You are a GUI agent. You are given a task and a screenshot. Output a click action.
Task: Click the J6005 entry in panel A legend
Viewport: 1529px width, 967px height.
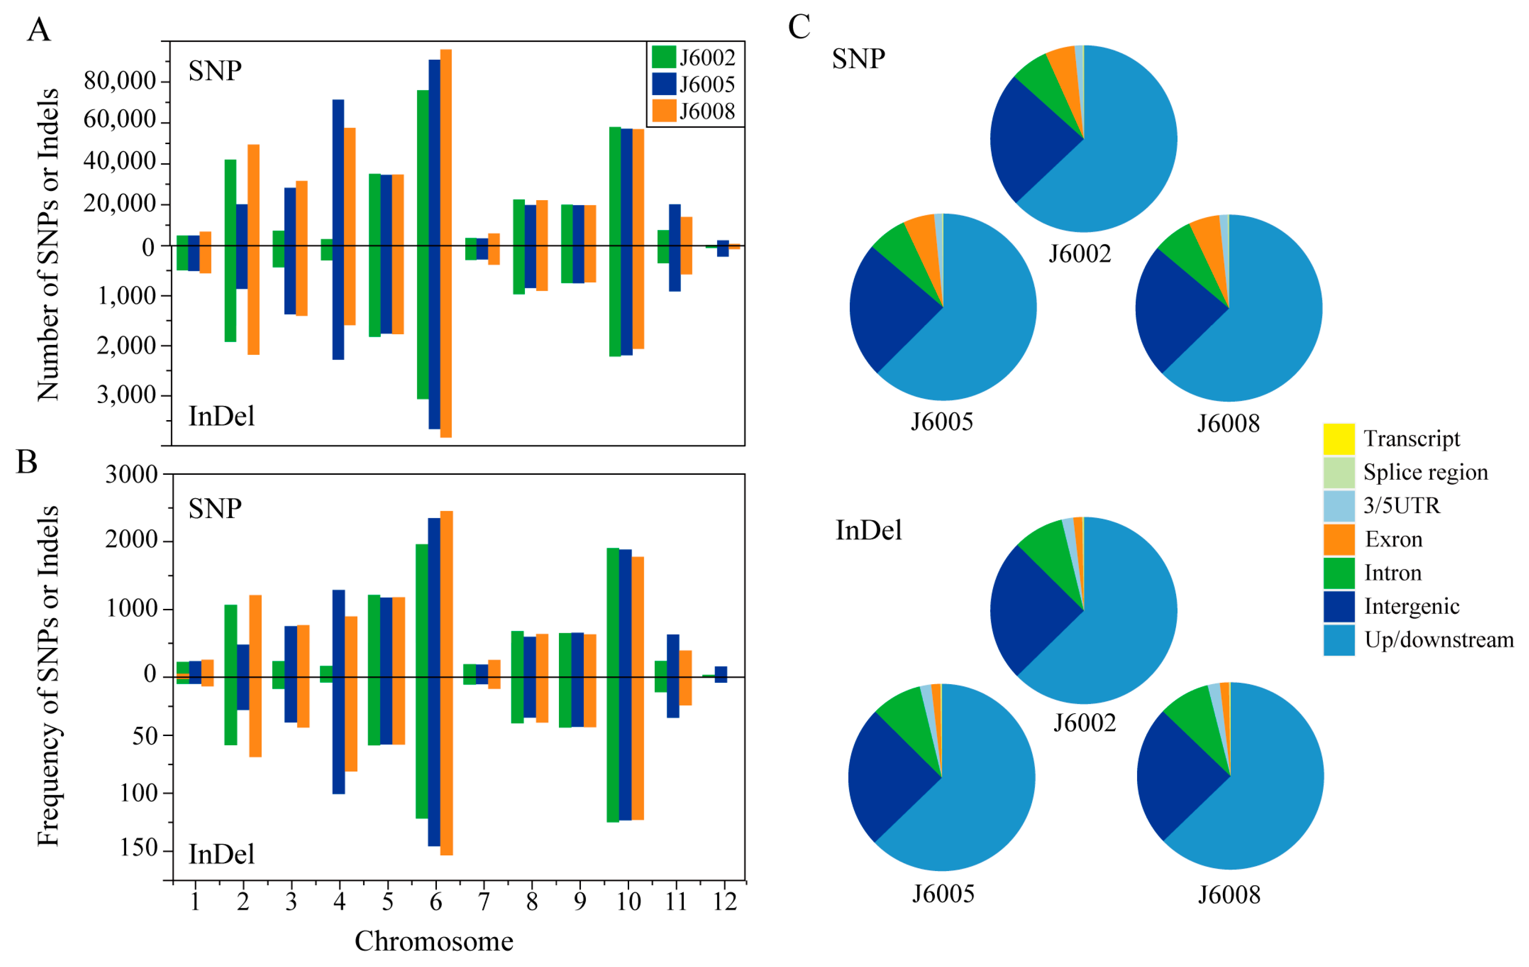point(706,84)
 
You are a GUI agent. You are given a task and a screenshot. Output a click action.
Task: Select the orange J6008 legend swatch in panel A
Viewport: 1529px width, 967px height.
point(664,111)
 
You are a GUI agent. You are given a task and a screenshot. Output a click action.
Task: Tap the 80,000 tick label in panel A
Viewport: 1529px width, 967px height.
point(119,81)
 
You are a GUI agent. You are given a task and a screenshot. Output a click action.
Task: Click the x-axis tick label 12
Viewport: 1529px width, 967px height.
point(724,901)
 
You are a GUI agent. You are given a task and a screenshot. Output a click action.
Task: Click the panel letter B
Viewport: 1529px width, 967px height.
point(27,462)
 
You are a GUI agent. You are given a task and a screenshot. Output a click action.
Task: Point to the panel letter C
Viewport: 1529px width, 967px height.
point(799,27)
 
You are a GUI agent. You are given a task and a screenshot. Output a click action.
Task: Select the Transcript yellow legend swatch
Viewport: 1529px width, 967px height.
point(1339,439)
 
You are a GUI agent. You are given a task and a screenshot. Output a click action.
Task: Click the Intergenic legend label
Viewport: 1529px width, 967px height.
point(1412,606)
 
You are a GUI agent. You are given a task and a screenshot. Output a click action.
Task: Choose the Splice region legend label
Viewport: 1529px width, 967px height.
point(1425,472)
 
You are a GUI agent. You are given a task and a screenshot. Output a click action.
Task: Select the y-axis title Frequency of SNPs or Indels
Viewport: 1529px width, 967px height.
point(48,677)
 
